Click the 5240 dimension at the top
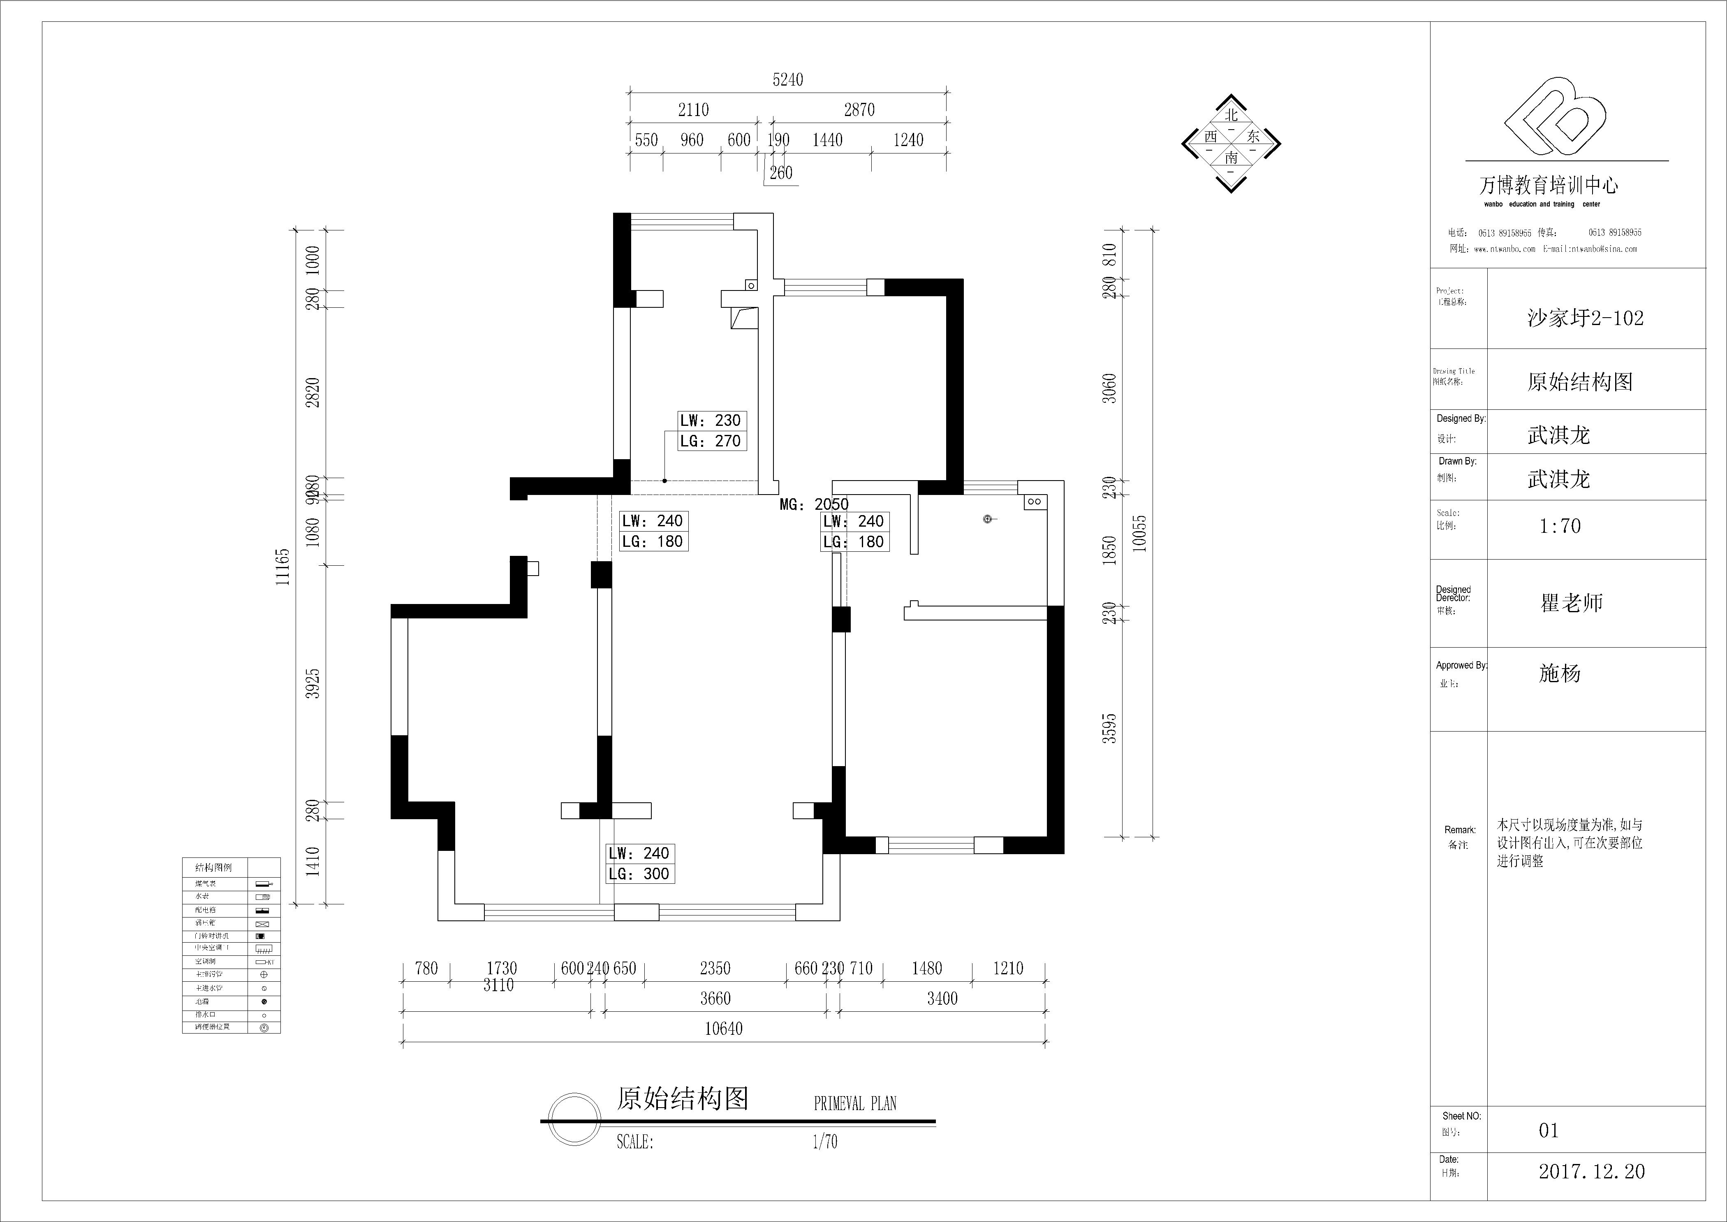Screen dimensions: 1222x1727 tap(787, 80)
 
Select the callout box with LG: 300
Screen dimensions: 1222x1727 tap(639, 874)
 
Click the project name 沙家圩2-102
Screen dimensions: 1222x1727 tap(1585, 318)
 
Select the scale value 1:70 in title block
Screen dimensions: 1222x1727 tap(1559, 526)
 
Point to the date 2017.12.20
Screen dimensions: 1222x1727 tap(1591, 1171)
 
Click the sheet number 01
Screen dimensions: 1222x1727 tap(1548, 1130)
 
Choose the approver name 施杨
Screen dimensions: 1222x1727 tap(1559, 674)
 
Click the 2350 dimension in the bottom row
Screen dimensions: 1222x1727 tap(715, 969)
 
